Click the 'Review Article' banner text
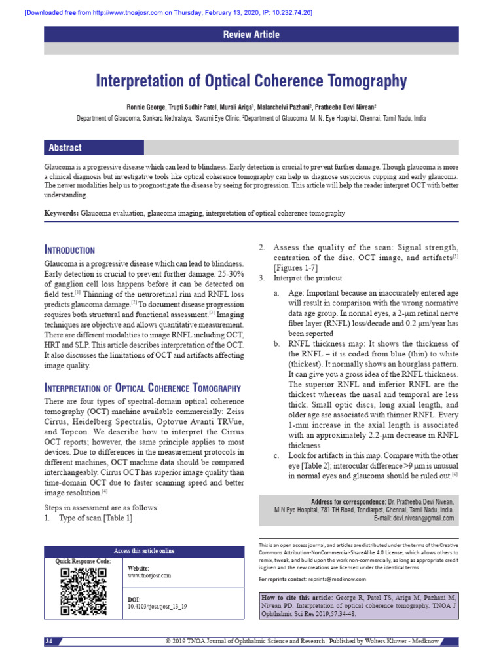(x=251, y=35)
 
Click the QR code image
(x=83, y=592)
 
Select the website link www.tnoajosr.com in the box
(x=149, y=575)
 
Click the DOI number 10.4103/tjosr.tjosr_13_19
(x=157, y=607)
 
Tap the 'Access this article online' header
(x=145, y=551)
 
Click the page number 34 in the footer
(x=49, y=640)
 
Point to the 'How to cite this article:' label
(x=297, y=598)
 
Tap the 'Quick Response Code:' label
(x=83, y=562)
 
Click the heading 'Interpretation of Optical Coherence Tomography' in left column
(x=143, y=388)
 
